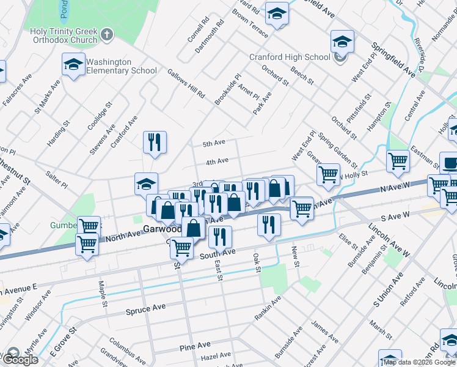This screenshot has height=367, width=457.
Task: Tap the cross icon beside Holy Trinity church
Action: pos(107,34)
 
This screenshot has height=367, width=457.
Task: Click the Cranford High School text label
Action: pos(290,57)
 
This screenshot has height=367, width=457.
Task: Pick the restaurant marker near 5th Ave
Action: pos(155,143)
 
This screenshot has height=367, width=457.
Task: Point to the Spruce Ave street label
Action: pos(145,310)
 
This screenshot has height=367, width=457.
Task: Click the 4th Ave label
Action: pos(216,161)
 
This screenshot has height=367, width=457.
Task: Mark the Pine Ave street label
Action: pos(195,347)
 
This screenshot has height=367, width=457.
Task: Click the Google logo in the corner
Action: pos(20,360)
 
